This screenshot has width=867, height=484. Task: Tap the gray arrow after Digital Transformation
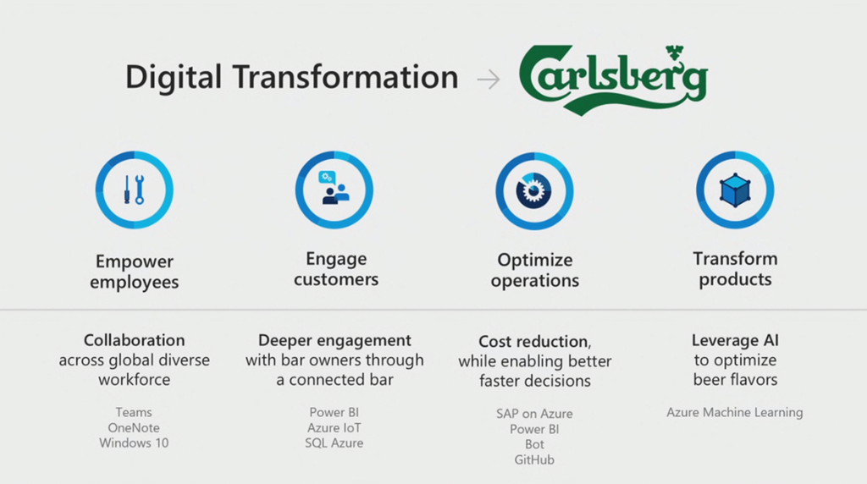coord(489,80)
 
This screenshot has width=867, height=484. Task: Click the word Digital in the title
coord(173,76)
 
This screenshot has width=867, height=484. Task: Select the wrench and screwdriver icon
coord(134,190)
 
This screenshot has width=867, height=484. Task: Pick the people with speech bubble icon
coord(334,187)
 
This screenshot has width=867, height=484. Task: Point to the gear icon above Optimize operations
coord(533,190)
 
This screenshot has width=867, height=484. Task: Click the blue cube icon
coord(735,190)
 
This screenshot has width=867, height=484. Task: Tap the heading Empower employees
coord(135,272)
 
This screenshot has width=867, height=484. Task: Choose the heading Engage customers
coord(336,269)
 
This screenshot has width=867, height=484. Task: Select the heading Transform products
coord(735,269)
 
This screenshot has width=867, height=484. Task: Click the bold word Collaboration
coord(135,340)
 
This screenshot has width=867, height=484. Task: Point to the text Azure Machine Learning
coord(734,412)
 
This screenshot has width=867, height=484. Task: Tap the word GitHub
coord(534,459)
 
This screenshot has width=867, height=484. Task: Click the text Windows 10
coord(134,443)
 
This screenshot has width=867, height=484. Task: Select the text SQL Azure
coord(334,443)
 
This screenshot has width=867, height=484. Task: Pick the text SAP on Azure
coord(534,414)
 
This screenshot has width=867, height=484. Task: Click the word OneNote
coord(134,427)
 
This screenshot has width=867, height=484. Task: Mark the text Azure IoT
coord(334,427)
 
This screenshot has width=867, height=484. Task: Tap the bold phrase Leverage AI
coord(735,340)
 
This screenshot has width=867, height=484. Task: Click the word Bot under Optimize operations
coord(534,444)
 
